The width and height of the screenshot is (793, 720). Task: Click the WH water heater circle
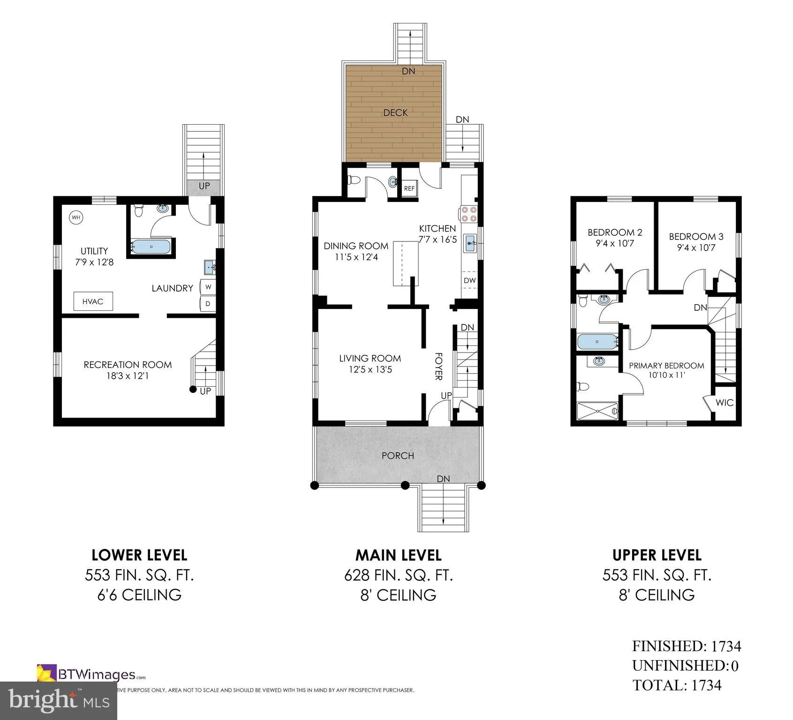(76, 217)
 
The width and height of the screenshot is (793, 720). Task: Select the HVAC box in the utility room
(93, 301)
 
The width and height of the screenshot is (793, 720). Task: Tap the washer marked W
(208, 287)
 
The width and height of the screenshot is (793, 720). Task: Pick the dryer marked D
(208, 304)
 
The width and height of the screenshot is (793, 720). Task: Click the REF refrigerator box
(409, 188)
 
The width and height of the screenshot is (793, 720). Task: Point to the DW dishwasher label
(469, 280)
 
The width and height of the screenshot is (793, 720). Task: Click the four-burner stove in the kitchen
(469, 214)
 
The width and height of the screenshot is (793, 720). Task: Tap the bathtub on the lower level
(151, 247)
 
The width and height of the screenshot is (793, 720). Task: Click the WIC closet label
(725, 403)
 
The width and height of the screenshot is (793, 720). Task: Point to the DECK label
(395, 112)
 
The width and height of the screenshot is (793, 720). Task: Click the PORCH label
(398, 456)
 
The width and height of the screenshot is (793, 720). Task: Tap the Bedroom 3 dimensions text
(696, 247)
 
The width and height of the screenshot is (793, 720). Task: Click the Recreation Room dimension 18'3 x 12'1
(128, 376)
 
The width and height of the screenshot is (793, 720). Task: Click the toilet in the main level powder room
(354, 180)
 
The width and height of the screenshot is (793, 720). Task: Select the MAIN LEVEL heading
(398, 555)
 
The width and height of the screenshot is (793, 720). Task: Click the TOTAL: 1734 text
(677, 685)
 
